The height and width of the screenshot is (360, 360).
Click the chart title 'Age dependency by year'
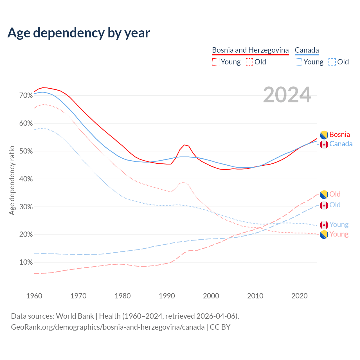(x=79, y=33)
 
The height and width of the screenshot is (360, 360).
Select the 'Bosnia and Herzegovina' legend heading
(x=250, y=50)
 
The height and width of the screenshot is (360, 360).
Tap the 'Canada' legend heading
(x=307, y=50)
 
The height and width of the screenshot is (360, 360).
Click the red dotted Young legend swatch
(x=216, y=62)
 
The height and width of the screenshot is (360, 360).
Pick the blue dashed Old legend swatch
(x=332, y=62)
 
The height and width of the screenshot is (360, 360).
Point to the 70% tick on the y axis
(x=26, y=96)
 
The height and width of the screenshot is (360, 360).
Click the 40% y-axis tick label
(x=26, y=179)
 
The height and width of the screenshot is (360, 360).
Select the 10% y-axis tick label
(x=26, y=262)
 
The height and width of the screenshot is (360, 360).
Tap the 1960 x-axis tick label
(x=34, y=296)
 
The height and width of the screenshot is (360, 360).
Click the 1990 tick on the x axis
(x=167, y=296)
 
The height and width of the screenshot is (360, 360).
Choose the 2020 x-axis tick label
(x=300, y=296)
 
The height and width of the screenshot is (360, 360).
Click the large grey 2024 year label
(x=287, y=95)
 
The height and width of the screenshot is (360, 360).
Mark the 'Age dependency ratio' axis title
(x=12, y=180)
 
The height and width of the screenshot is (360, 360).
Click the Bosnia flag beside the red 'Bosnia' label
(x=324, y=135)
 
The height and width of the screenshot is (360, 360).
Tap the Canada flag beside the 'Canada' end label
(x=324, y=145)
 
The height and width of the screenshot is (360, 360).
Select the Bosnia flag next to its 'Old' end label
(x=324, y=194)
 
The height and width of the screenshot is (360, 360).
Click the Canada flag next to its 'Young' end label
(x=324, y=225)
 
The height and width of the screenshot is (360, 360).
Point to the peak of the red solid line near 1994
(x=184, y=145)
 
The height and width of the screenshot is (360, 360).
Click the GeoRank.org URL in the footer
(x=108, y=327)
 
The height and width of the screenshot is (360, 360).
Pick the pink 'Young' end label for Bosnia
(x=339, y=234)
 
